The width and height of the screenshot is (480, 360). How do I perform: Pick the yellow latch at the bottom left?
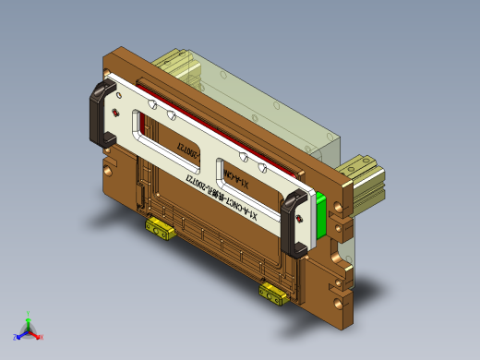pos(159,227)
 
